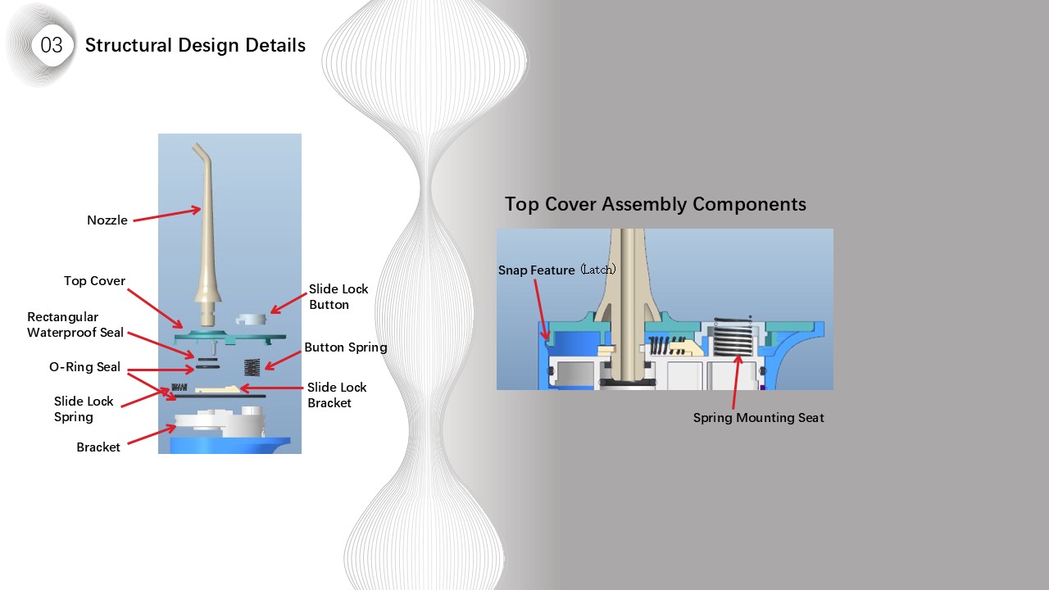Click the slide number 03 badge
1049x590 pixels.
(x=51, y=45)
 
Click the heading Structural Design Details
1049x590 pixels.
(x=195, y=45)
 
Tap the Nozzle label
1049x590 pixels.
(x=107, y=220)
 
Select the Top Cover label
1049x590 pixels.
(x=94, y=281)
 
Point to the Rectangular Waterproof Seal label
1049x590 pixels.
(x=75, y=324)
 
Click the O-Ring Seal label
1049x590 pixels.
(x=84, y=367)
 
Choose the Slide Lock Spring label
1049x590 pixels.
(x=84, y=409)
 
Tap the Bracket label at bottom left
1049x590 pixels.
(x=98, y=447)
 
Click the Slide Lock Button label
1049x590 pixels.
(x=338, y=297)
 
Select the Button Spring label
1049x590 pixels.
(x=345, y=347)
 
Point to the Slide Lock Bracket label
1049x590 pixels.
(x=337, y=395)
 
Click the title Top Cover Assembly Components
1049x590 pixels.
(x=655, y=204)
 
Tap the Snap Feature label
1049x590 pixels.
(x=536, y=270)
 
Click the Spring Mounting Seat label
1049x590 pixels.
(x=758, y=418)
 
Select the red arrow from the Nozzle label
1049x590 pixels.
(x=166, y=215)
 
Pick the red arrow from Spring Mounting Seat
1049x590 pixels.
(x=735, y=381)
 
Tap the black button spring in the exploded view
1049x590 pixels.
(x=252, y=367)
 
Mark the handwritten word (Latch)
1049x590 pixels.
(x=597, y=270)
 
